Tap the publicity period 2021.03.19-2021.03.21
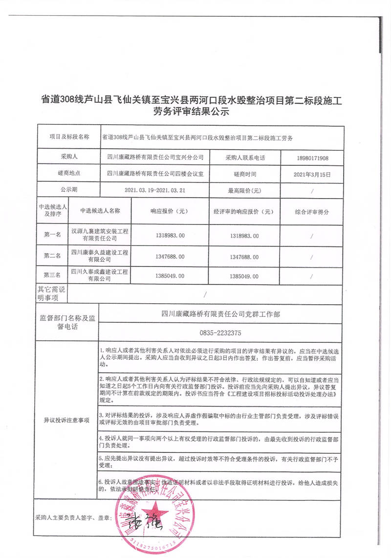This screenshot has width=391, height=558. (x=154, y=189)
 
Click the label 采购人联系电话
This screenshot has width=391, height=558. (x=245, y=158)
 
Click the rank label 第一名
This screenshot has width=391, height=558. (x=52, y=235)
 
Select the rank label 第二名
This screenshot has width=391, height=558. (x=52, y=256)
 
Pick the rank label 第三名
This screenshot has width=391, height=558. (x=52, y=275)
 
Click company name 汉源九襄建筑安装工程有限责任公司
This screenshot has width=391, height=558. (x=100, y=234)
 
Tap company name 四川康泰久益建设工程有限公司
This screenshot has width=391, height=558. (x=100, y=255)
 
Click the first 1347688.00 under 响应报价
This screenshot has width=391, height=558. (x=170, y=256)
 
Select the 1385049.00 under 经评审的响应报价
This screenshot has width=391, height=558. (x=244, y=276)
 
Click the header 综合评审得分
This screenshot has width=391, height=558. (x=312, y=212)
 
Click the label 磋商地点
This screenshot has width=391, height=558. (x=69, y=174)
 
